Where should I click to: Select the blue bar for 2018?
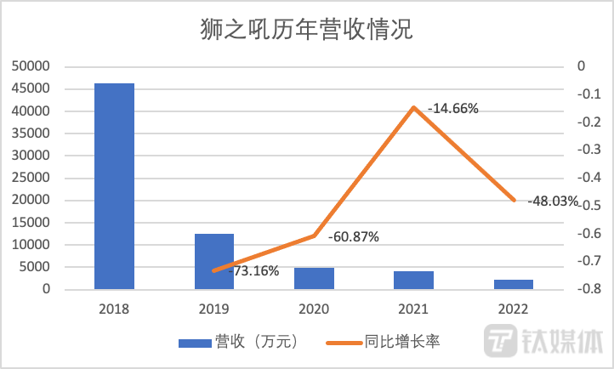pyautogui.click(x=114, y=186)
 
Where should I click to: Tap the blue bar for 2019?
pyautogui.click(x=213, y=261)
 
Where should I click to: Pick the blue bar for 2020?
pyautogui.click(x=314, y=279)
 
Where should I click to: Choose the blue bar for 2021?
pyautogui.click(x=413, y=281)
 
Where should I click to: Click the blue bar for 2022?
pyautogui.click(x=514, y=284)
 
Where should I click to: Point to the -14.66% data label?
pyautogui.click(x=453, y=109)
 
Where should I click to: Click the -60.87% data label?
pyautogui.click(x=354, y=236)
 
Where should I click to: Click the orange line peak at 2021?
pyautogui.click(x=414, y=107)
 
